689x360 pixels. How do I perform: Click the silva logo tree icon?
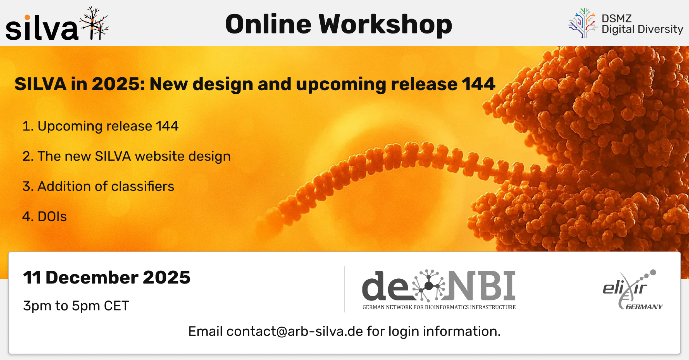coord(94,23)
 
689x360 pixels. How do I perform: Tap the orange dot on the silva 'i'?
coord(27,18)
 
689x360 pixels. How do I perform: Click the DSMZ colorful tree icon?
coord(583,23)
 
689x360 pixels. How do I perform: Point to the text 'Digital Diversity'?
coord(642,29)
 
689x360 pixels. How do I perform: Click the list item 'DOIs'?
coord(44,216)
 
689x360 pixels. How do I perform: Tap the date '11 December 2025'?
coord(107,277)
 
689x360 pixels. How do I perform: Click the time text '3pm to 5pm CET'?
coord(76,306)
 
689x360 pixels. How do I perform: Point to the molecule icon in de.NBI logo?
coord(428,286)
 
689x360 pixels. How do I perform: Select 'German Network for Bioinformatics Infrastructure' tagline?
coord(439,307)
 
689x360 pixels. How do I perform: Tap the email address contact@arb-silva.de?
coord(295,331)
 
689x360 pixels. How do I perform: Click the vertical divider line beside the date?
coord(345,289)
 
